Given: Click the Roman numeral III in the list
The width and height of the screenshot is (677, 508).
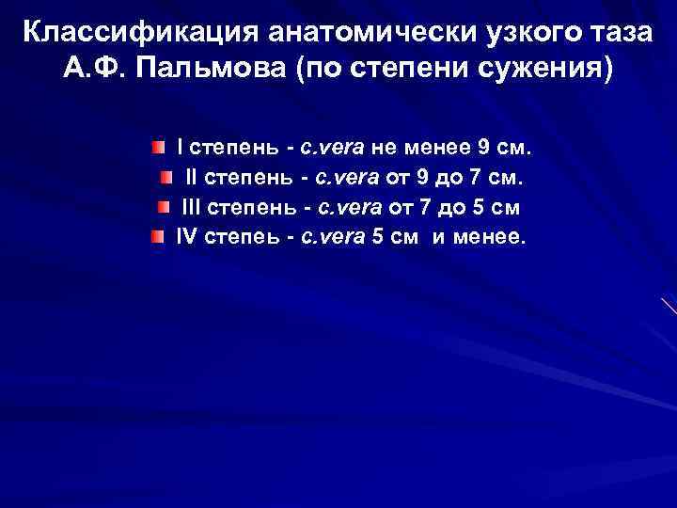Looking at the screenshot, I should [x=191, y=207].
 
